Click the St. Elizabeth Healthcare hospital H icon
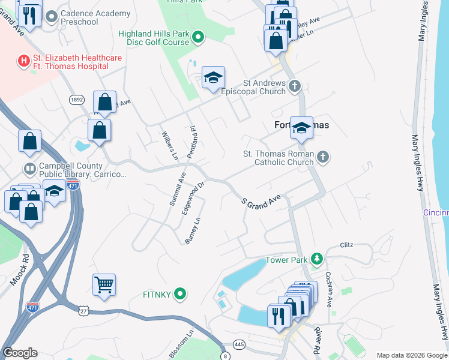pos(24,61)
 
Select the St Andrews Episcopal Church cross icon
pos(294,86)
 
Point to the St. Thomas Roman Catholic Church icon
pos(323,157)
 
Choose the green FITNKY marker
pos(179,294)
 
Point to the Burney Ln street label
pos(191,231)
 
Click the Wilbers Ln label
pos(170,145)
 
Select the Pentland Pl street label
pos(193,142)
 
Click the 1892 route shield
pos(76,100)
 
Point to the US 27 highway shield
pos(83,310)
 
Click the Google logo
pos(20,353)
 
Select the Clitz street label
pos(347,245)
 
